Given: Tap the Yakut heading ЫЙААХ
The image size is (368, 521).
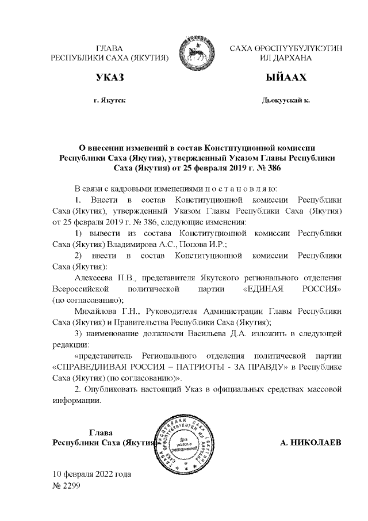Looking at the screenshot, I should coord(286,78).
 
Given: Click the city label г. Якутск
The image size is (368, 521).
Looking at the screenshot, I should coord(110,100).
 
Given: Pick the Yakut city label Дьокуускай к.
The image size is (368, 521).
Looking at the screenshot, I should coord(286,100).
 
